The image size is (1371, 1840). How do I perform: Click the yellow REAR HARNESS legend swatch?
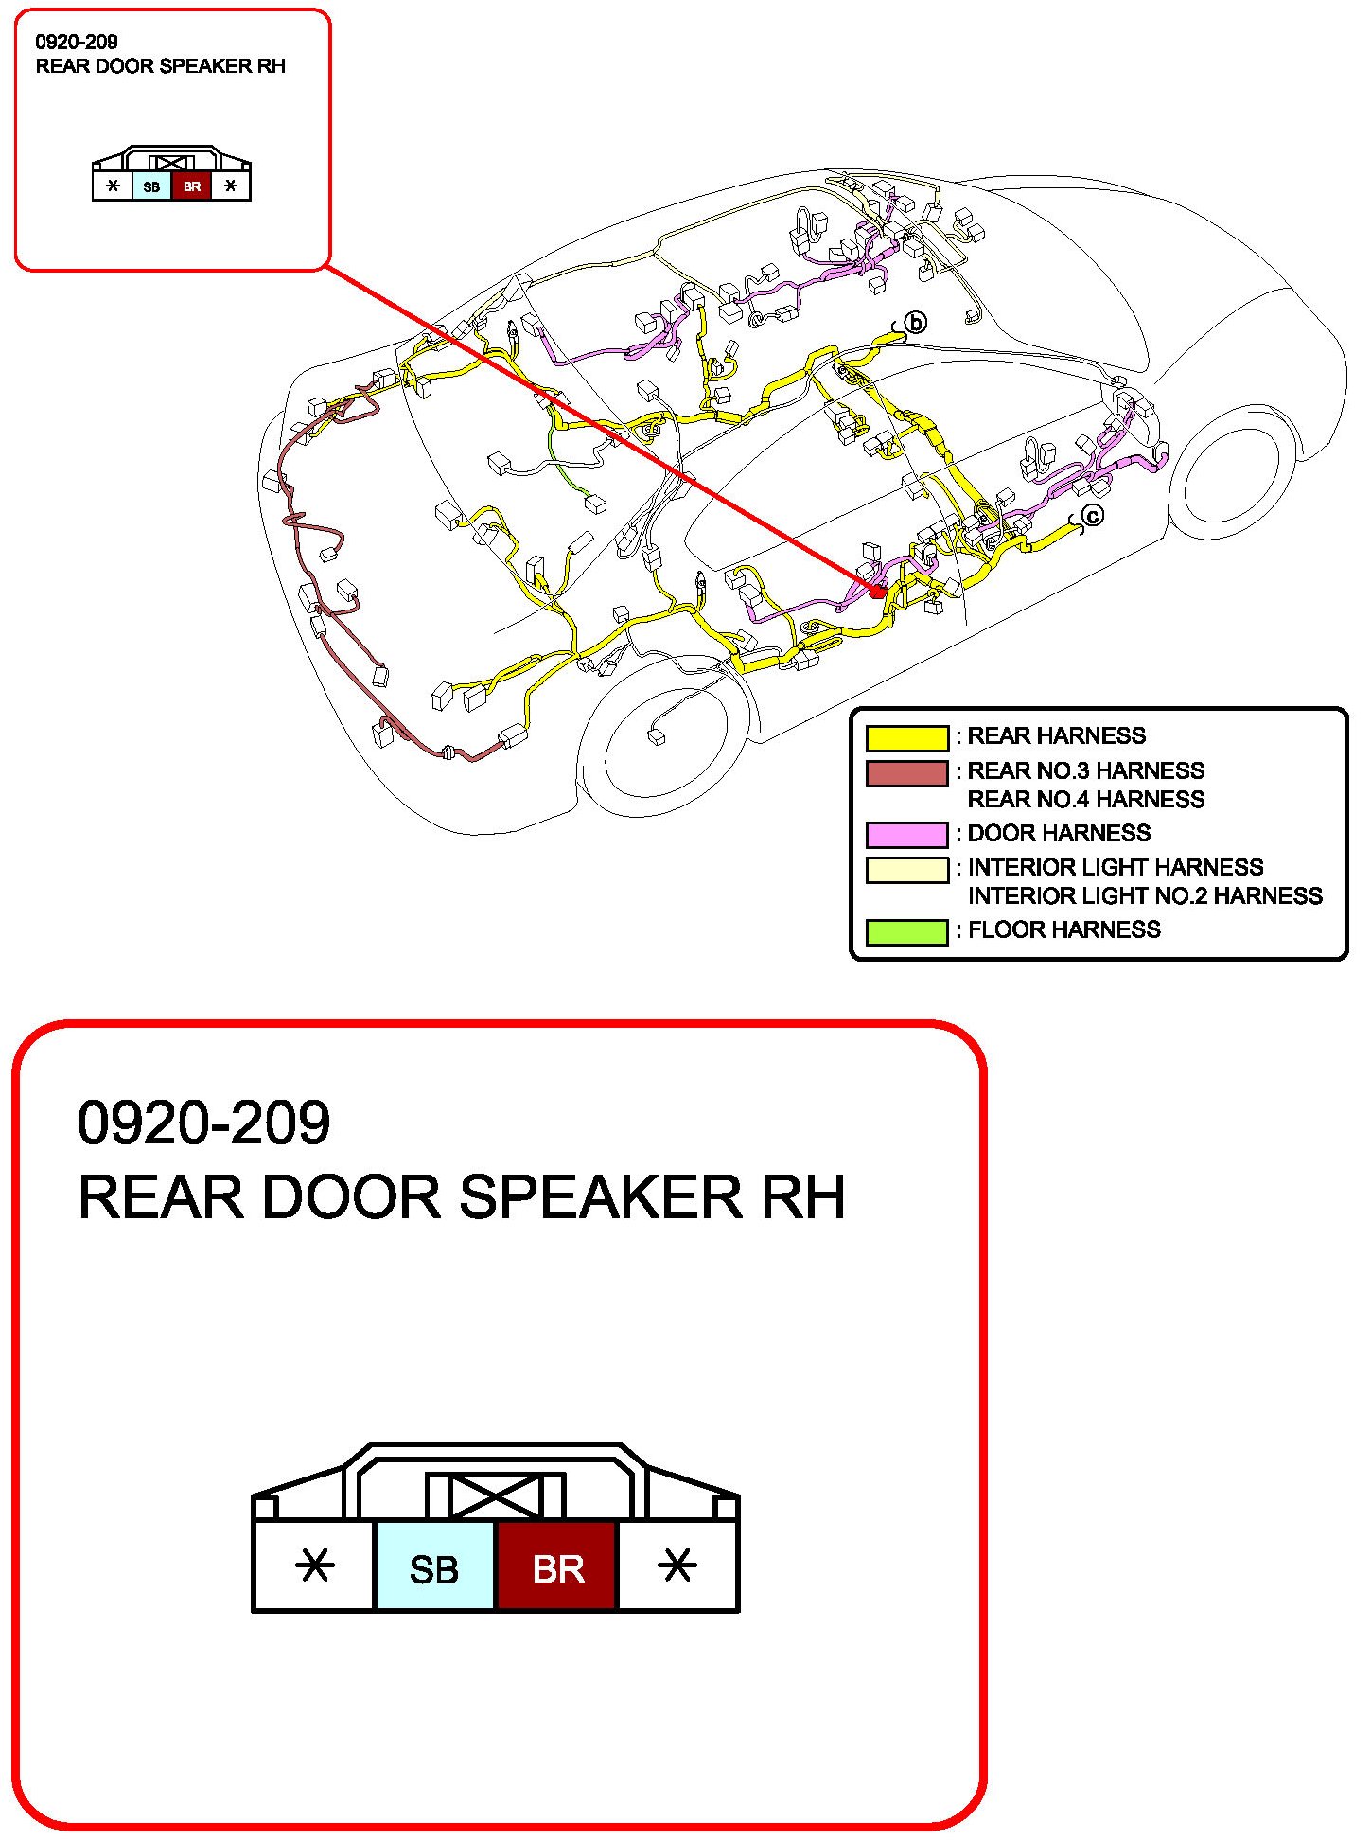(x=906, y=737)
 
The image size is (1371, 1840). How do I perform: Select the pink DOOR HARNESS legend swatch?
(x=906, y=834)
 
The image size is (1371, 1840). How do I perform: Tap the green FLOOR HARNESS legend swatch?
(x=906, y=931)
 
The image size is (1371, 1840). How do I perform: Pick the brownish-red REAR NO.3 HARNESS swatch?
(x=906, y=772)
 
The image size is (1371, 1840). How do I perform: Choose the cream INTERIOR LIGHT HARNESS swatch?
(x=906, y=869)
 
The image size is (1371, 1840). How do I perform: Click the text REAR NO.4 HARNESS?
(x=1085, y=800)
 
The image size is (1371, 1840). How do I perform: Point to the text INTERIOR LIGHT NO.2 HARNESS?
(x=1144, y=895)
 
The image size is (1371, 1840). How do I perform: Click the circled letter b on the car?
(x=915, y=323)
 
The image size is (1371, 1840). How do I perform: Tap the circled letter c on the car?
(x=1092, y=516)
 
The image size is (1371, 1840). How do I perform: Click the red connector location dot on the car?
(x=877, y=591)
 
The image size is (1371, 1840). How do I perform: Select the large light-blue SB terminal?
(x=435, y=1568)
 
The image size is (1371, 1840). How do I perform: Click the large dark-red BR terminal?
(x=557, y=1568)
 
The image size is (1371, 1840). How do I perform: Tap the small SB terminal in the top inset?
(x=151, y=186)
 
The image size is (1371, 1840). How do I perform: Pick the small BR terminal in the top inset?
(x=192, y=186)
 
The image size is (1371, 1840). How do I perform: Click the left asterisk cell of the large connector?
(x=314, y=1566)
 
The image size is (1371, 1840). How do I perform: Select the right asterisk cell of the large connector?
(x=677, y=1566)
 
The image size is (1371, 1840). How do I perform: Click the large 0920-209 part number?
(x=203, y=1123)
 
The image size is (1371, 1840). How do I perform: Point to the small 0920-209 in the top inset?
(x=77, y=42)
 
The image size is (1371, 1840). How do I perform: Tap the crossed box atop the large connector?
(x=495, y=1496)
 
